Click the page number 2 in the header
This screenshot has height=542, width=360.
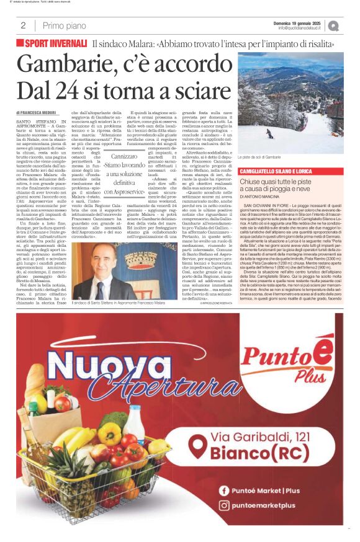coord(23,25)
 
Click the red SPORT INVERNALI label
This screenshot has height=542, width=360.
coord(55,43)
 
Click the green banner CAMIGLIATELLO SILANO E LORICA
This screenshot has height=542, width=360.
coord(277,170)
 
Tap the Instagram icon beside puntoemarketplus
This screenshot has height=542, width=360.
coord(225,505)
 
